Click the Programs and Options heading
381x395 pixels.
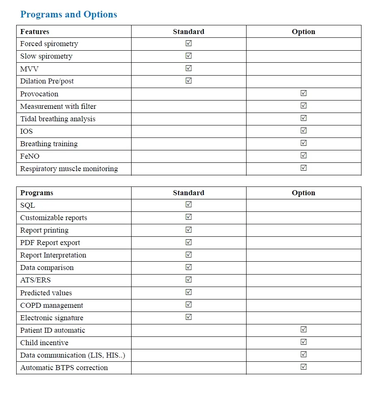click(68, 15)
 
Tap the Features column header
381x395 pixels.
click(35, 32)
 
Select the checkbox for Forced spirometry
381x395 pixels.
click(188, 43)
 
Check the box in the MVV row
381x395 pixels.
click(188, 68)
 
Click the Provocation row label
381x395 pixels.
click(39, 94)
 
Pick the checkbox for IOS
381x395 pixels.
click(303, 130)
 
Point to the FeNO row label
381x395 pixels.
click(30, 156)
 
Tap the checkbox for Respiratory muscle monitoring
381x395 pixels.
click(303, 168)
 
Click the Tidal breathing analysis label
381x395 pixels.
click(58, 119)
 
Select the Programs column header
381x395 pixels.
click(37, 193)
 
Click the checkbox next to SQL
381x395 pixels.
click(188, 204)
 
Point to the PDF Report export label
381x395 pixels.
click(50, 243)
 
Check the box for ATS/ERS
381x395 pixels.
click(188, 279)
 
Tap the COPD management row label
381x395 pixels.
click(52, 305)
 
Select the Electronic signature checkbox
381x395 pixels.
click(188, 317)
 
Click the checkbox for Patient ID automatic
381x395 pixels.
click(303, 329)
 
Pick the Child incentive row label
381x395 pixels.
click(44, 343)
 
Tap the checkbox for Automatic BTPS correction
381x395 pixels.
click(303, 367)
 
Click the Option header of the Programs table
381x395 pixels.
click(303, 193)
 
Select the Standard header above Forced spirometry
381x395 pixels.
click(188, 32)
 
